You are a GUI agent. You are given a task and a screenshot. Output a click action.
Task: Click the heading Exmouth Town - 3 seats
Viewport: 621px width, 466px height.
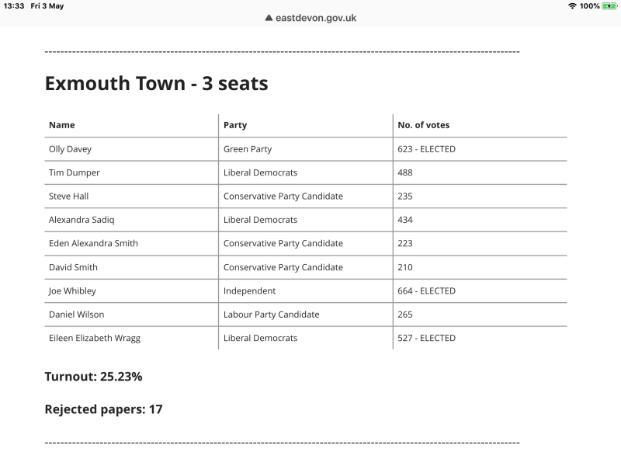[x=156, y=84]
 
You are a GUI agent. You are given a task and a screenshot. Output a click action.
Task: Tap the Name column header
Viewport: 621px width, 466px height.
[x=62, y=125]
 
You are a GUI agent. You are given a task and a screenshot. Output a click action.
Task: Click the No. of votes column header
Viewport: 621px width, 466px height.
[x=423, y=125]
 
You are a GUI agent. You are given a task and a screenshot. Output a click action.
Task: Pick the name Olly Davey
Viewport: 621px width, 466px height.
[x=70, y=149]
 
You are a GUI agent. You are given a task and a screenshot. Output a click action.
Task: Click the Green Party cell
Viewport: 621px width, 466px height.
[x=248, y=149]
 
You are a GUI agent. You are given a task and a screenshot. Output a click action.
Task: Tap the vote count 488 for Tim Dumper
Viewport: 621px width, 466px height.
[x=405, y=172]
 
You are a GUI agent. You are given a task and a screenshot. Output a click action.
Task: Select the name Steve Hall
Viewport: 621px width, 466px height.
[x=68, y=196]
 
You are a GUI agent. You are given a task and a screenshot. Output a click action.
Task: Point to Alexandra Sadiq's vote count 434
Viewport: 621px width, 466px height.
[x=405, y=220]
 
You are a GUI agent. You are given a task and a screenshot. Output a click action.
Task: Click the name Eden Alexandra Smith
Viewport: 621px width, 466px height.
[x=93, y=243]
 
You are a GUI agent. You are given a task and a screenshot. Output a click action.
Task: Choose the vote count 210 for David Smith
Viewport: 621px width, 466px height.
[x=405, y=267]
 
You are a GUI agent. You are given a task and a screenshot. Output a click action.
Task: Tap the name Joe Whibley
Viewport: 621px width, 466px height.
[x=72, y=291]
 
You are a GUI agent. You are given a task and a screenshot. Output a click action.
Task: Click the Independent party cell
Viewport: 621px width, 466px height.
[x=249, y=291]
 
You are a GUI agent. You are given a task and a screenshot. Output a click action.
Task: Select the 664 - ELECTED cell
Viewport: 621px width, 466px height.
[x=426, y=291]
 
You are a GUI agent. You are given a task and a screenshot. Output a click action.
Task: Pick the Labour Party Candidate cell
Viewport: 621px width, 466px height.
[x=271, y=315]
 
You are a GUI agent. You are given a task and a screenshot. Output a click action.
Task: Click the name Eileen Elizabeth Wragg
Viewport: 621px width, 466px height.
[x=95, y=338]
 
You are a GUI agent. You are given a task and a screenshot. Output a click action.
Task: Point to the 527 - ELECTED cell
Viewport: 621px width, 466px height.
[x=426, y=338]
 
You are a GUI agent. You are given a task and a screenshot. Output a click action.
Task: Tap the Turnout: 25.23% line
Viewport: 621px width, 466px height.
[x=93, y=377]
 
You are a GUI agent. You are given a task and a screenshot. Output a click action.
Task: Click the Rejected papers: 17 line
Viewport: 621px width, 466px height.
[x=103, y=409]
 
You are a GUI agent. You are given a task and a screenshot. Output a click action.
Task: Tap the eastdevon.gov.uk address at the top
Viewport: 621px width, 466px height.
[x=316, y=18]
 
